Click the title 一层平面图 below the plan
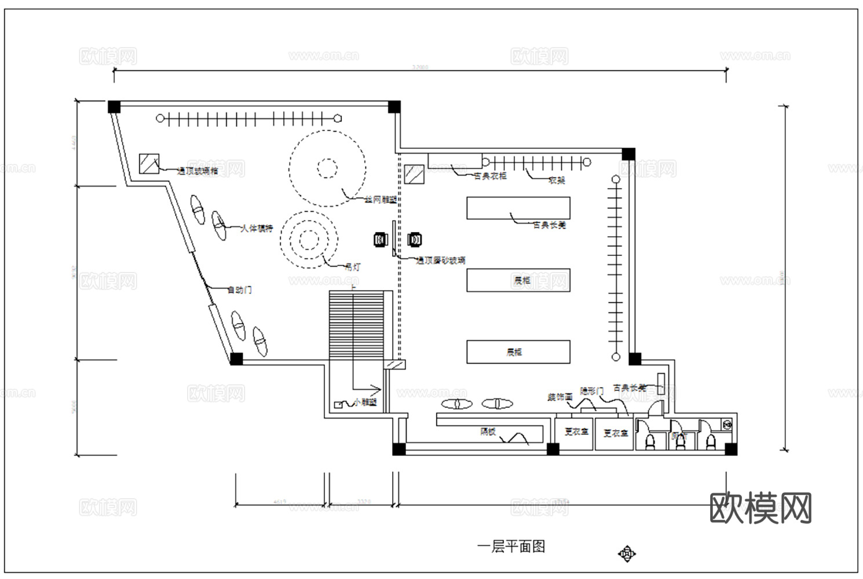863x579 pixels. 511,547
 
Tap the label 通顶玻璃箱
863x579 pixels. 198,171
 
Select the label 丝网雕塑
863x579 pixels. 381,200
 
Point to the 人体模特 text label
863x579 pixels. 257,229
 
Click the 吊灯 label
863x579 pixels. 352,267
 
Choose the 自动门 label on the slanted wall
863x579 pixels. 239,289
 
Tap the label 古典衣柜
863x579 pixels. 490,176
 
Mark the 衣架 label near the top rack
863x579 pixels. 556,180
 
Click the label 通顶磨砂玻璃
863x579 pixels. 441,261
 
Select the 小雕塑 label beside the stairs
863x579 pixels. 365,402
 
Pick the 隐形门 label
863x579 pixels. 591,392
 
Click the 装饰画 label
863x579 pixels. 560,397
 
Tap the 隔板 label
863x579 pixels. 488,431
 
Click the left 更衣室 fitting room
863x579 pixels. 576,432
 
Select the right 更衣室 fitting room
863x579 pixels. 615,433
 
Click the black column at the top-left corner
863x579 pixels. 114,107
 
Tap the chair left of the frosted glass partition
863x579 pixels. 381,239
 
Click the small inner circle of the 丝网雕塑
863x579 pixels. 327,168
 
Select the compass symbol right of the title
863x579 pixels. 626,554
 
